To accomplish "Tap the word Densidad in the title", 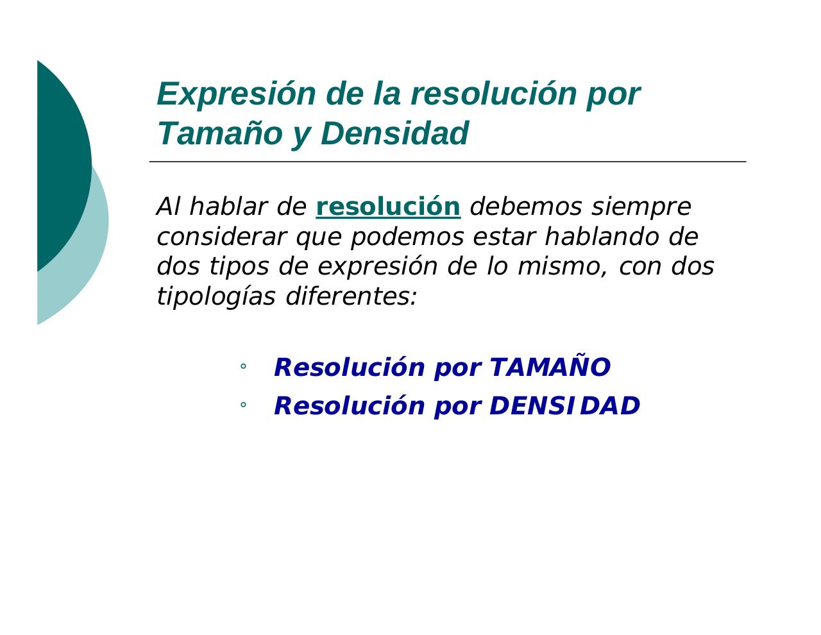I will (394, 134).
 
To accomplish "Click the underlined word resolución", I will (388, 207).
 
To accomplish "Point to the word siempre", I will (641, 207).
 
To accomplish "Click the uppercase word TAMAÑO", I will (550, 368).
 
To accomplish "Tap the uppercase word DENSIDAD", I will (564, 406).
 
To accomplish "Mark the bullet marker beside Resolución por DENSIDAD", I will (243, 405).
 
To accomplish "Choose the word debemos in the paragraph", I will (526, 207).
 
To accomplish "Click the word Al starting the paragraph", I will (168, 207).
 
